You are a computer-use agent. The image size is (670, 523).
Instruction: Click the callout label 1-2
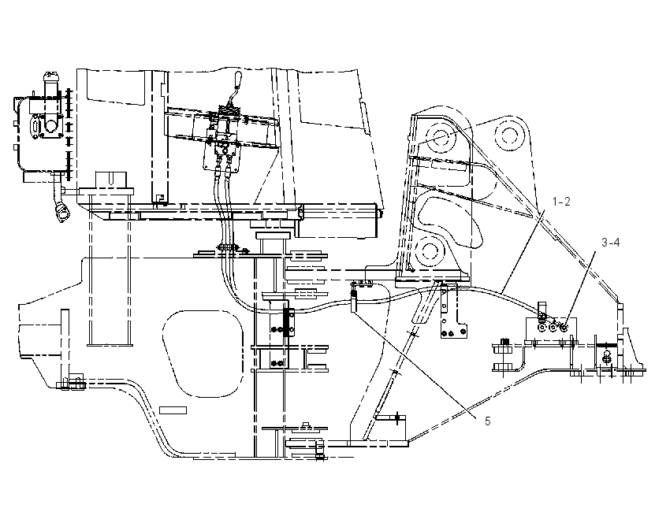point(561,202)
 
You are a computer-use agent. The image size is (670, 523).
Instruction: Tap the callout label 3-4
point(611,243)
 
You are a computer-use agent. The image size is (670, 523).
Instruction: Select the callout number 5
point(488,421)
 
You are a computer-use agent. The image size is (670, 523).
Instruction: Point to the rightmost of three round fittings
point(564,327)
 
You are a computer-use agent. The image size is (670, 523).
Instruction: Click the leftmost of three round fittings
point(542,328)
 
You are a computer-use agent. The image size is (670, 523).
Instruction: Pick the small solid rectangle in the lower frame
point(173,410)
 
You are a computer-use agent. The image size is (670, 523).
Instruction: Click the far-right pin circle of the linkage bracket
point(508,135)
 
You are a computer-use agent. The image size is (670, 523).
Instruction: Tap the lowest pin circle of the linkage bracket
point(427,250)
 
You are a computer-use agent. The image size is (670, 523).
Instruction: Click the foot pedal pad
point(422,306)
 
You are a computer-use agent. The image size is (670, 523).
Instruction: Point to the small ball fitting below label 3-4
point(606,358)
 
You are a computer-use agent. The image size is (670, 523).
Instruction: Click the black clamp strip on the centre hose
point(286,322)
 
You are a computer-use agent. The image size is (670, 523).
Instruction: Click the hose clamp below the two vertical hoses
point(227,247)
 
